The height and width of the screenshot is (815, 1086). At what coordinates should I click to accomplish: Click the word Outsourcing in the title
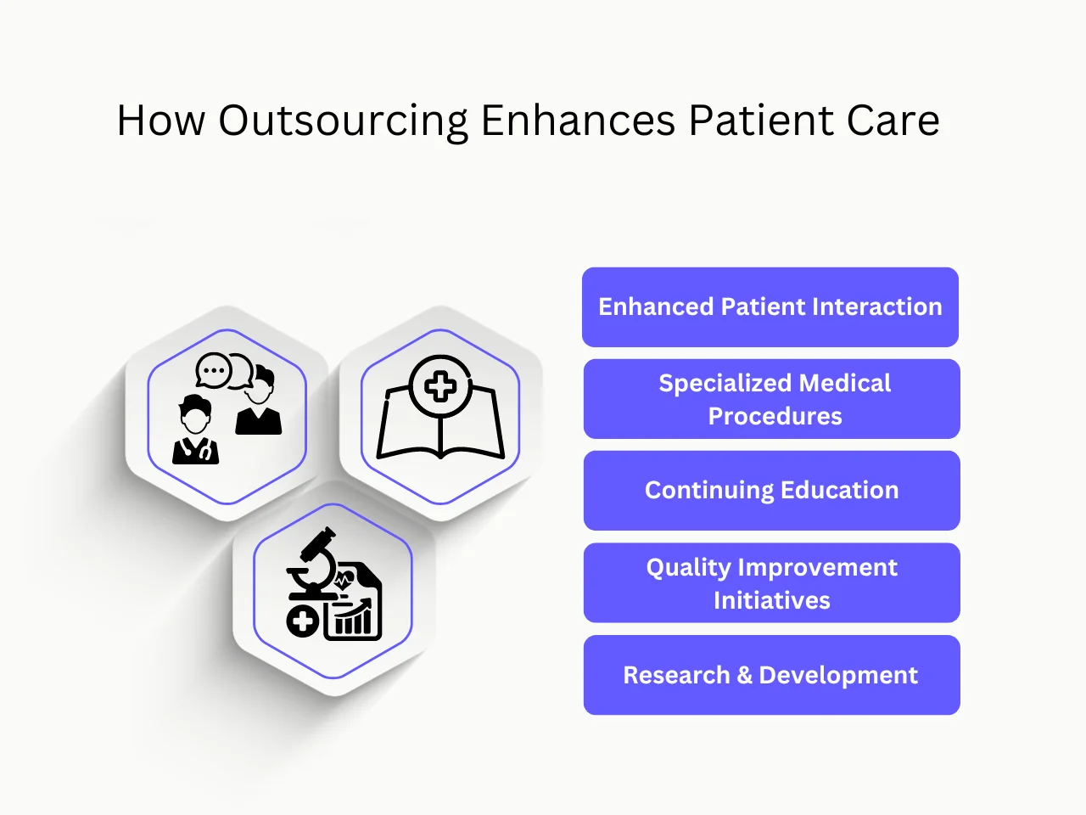tap(343, 121)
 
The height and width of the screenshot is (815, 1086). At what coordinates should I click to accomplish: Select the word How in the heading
tap(161, 121)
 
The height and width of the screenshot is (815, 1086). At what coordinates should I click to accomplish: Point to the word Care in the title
tap(893, 121)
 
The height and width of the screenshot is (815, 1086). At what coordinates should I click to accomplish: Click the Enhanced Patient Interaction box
tap(770, 307)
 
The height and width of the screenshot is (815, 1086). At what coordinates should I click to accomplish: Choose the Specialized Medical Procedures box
tap(771, 399)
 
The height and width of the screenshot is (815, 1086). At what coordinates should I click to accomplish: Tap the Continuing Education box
tap(771, 491)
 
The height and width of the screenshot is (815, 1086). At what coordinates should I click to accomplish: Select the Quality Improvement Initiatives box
tap(771, 583)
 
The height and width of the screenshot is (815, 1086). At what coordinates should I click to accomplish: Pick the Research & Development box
tap(771, 675)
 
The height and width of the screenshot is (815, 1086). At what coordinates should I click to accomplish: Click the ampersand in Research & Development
tap(744, 676)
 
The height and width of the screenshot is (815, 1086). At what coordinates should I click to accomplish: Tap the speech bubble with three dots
tap(213, 371)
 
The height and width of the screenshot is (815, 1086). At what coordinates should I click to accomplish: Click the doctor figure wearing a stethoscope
tap(196, 431)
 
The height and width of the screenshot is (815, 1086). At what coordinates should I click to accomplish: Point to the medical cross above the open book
tap(440, 387)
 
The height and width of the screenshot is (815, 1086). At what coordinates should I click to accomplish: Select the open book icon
tap(440, 424)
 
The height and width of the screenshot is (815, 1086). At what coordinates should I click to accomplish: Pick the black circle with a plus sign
tap(302, 621)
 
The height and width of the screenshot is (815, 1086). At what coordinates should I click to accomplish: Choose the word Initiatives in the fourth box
tap(771, 601)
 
